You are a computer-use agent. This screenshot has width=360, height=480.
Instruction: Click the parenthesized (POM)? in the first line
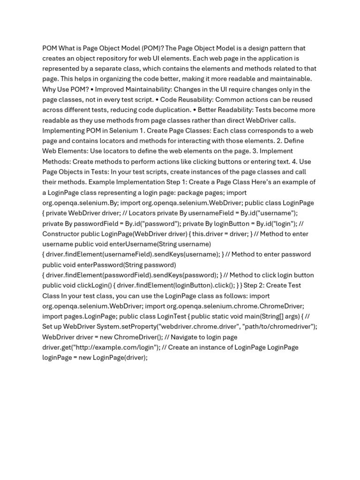[151, 48]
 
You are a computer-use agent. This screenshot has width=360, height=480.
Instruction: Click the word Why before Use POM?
[50, 90]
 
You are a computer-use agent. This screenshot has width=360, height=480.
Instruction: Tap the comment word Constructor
[62, 234]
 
